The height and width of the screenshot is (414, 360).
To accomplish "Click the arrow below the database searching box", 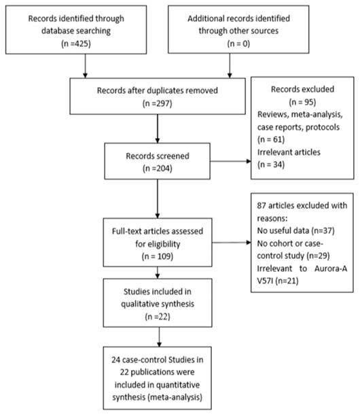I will coord(86,67).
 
